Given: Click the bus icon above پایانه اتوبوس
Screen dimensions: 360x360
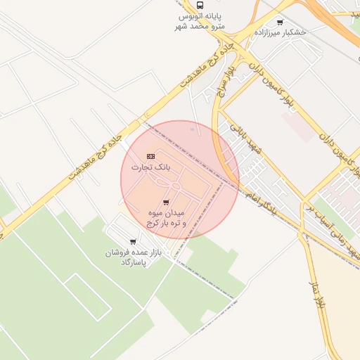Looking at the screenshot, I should (x=200, y=5).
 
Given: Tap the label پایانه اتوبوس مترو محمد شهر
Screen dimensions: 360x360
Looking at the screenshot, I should (x=200, y=21).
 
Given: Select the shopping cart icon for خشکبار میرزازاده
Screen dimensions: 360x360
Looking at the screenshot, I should (x=281, y=22).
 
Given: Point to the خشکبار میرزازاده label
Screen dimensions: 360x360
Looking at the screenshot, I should (x=281, y=33).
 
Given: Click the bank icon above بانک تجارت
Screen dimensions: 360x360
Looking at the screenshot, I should (x=150, y=156).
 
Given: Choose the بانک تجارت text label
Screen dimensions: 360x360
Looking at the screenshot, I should (x=151, y=167).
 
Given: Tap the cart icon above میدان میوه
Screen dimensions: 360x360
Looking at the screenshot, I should (x=166, y=202).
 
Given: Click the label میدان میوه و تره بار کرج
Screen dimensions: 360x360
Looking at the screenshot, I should (x=166, y=217).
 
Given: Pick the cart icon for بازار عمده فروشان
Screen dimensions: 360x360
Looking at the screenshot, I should (x=133, y=241).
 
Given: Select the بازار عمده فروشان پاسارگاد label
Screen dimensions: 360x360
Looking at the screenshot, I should (x=134, y=257).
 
